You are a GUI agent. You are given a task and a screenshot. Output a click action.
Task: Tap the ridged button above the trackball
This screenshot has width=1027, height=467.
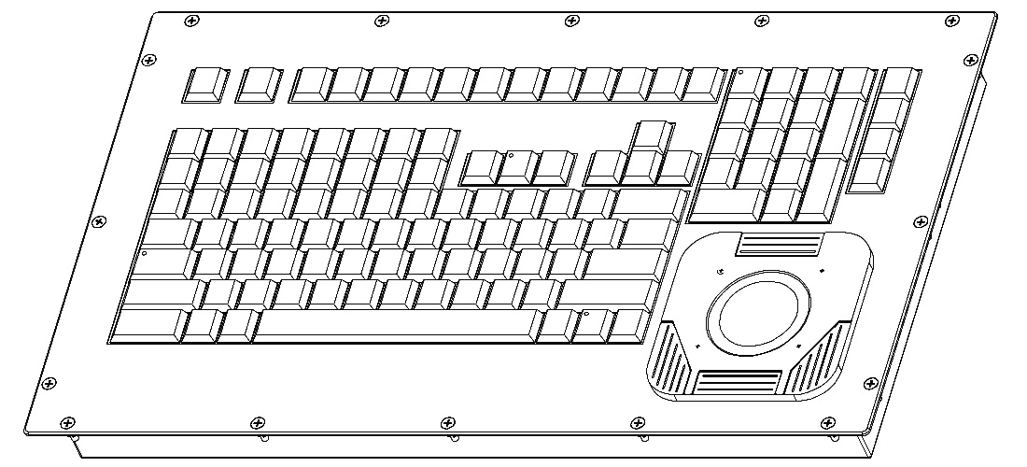(779, 245)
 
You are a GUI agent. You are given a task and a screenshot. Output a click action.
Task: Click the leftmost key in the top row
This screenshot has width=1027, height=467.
(205, 84)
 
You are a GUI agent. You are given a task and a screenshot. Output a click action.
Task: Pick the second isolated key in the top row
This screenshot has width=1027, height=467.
(259, 84)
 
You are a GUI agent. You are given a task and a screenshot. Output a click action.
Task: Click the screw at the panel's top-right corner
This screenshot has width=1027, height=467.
(951, 20)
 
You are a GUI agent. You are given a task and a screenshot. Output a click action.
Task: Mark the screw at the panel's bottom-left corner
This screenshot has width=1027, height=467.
(64, 422)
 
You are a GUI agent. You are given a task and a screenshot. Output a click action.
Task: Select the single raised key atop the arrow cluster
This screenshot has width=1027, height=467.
(651, 134)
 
